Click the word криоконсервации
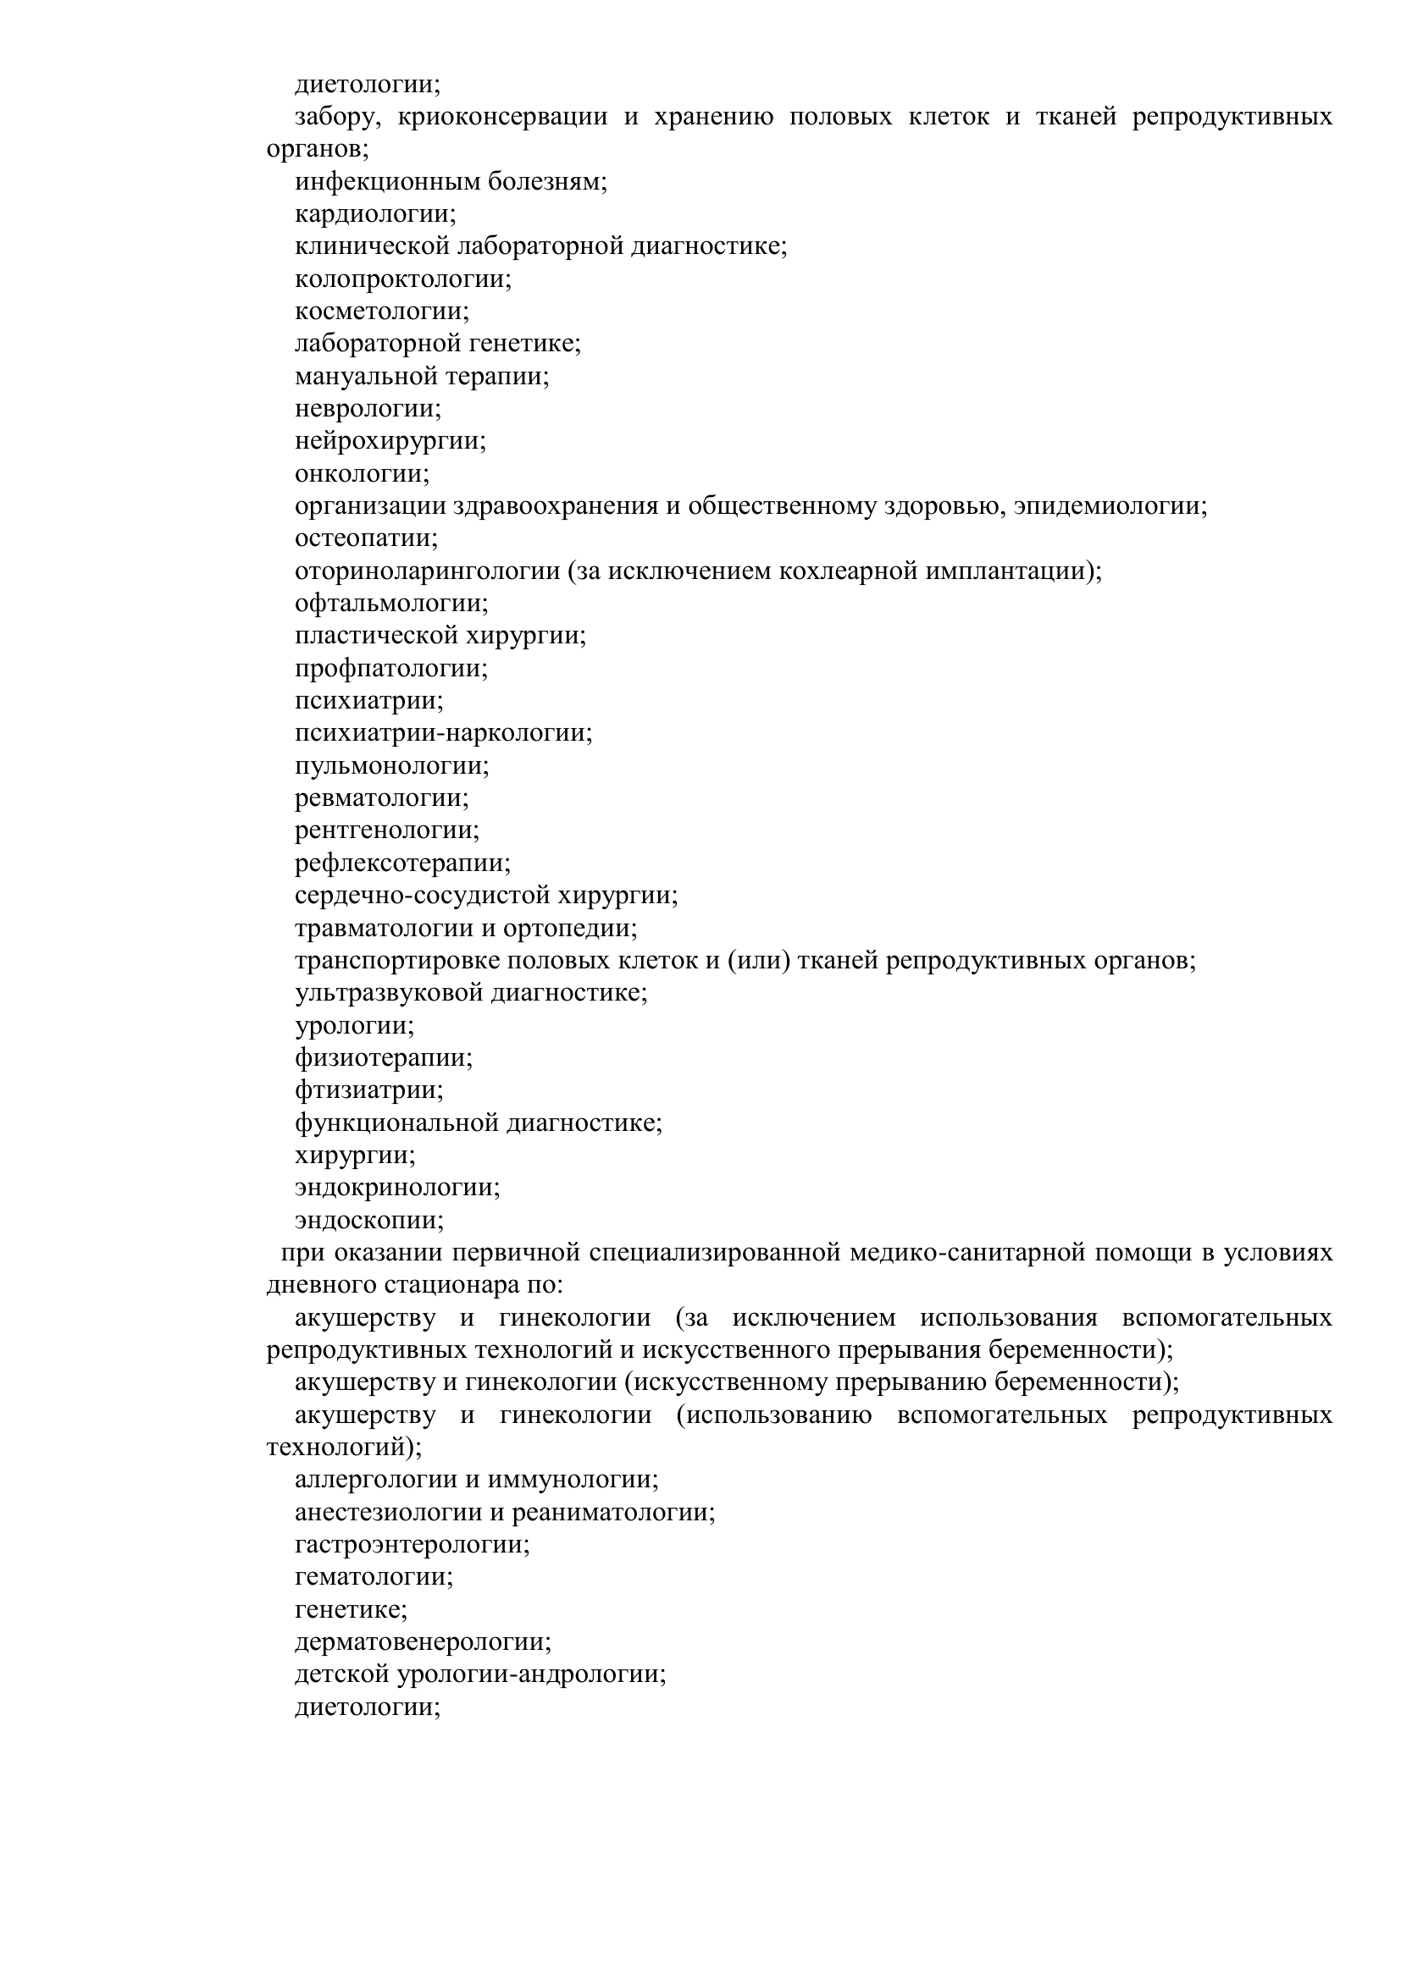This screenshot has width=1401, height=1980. (x=502, y=118)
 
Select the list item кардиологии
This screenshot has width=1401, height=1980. (x=375, y=214)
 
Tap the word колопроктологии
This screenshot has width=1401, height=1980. (x=403, y=279)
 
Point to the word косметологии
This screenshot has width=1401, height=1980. (x=382, y=312)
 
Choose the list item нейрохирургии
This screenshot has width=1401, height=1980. (x=390, y=442)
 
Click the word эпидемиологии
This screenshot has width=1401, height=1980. (x=1110, y=506)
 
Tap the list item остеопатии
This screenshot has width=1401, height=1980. (x=367, y=539)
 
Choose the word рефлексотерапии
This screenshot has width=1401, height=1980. (x=403, y=863)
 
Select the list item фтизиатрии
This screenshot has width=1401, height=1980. (x=369, y=1091)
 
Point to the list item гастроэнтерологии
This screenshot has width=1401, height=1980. (x=413, y=1545)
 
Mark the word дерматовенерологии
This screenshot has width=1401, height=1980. (x=423, y=1642)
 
